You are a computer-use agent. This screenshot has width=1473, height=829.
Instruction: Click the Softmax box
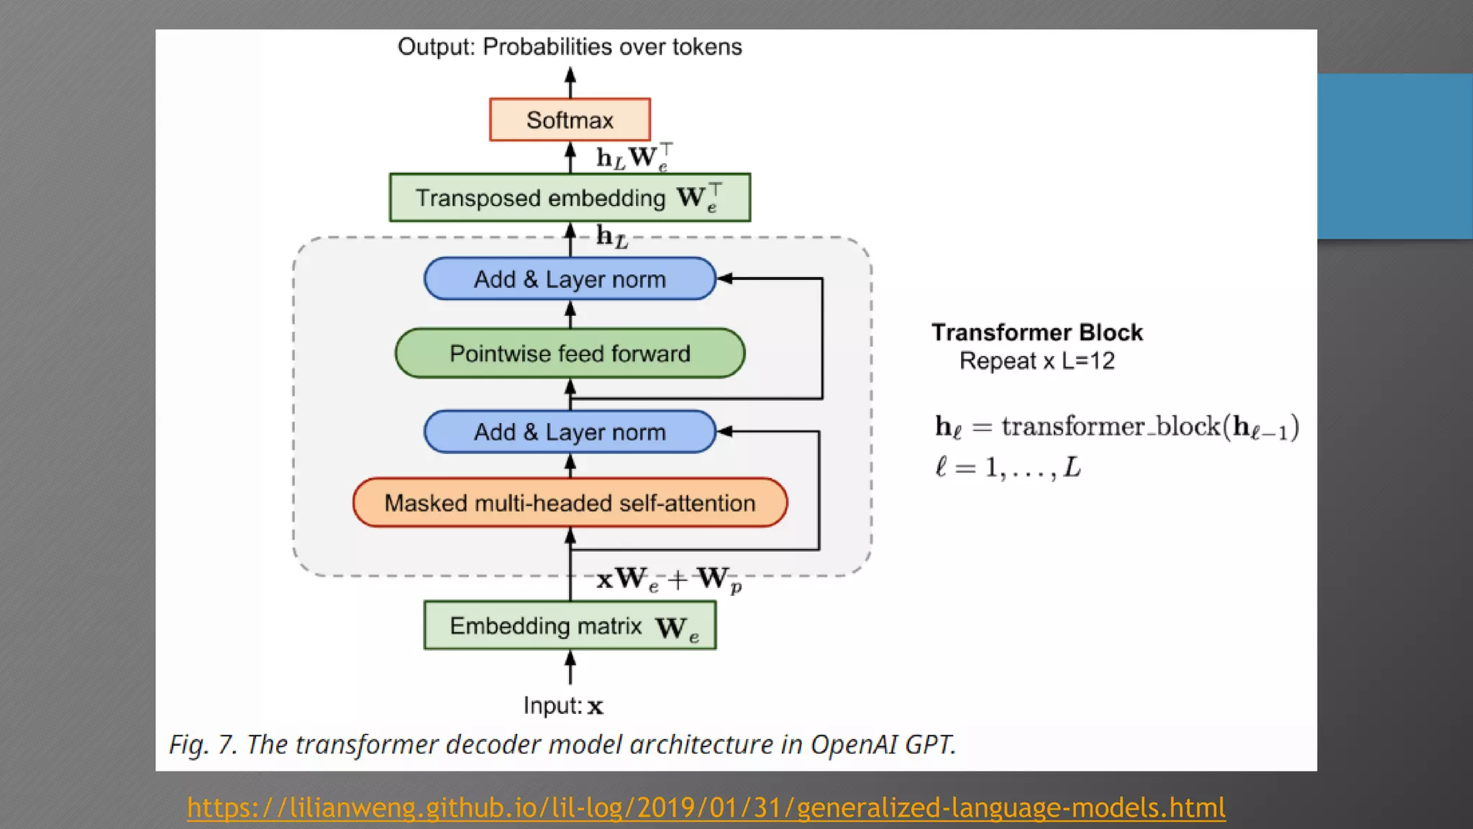point(570,119)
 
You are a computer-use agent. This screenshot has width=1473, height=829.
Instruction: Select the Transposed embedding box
point(570,197)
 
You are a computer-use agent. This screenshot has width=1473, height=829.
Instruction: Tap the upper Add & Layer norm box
point(570,278)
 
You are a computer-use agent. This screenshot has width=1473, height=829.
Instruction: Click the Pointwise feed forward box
point(570,353)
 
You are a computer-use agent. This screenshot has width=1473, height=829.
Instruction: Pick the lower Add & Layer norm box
point(570,432)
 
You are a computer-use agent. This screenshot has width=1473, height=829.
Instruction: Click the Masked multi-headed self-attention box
point(570,502)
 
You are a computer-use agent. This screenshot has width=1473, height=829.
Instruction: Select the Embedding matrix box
point(570,626)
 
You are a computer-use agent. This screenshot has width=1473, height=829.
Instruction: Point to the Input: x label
point(563,705)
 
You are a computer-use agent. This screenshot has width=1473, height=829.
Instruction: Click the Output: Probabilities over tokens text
point(570,47)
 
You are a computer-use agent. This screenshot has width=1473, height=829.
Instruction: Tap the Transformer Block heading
point(1036,332)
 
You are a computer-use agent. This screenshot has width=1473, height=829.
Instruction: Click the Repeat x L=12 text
point(1036,361)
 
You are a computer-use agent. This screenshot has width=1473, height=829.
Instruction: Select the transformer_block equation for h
point(1116,427)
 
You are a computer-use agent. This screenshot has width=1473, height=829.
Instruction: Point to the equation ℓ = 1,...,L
point(1007,468)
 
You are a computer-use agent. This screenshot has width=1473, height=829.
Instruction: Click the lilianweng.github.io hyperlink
point(706,807)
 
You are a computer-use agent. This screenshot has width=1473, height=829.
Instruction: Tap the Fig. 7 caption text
point(562,744)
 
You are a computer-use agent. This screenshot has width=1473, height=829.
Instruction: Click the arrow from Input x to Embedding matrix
point(570,667)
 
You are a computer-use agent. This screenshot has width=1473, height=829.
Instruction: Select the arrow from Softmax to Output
point(570,82)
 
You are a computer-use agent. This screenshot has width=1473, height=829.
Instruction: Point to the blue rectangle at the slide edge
point(1395,156)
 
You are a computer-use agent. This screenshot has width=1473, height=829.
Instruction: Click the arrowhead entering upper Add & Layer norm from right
point(725,278)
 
